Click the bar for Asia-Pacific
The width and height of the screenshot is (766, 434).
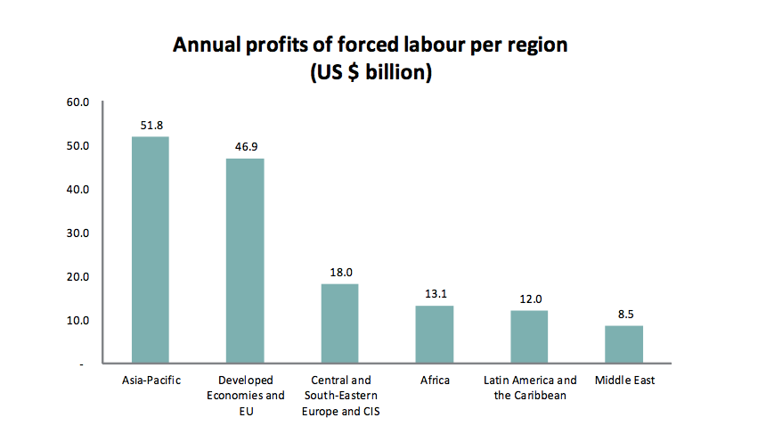pos(151,250)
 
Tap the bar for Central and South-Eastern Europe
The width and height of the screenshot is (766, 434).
pos(339,323)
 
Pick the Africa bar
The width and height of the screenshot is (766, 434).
pos(435,334)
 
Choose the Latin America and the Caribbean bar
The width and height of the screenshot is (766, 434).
pos(529,337)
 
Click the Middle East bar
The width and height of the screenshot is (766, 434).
pos(623,344)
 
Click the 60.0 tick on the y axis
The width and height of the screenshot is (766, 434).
pos(78,102)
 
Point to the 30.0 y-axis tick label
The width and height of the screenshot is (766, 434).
pos(78,233)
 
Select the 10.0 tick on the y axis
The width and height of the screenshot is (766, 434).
pos(78,321)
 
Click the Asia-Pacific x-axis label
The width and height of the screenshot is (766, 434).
pos(151,381)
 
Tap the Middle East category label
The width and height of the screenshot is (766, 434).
pos(624,381)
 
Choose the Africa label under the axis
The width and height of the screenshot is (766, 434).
pos(435,381)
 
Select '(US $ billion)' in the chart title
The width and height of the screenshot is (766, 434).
pos(371,73)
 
